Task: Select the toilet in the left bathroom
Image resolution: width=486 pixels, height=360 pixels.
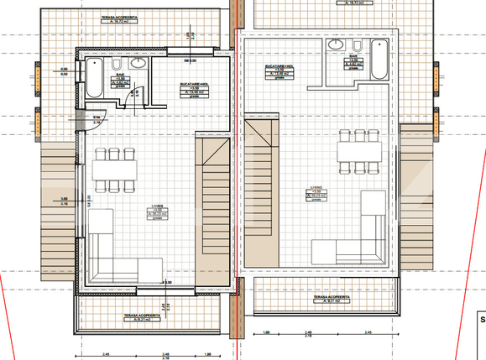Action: pos(116,65)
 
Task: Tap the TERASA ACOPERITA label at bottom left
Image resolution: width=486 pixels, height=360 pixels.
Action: pos(139,316)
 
